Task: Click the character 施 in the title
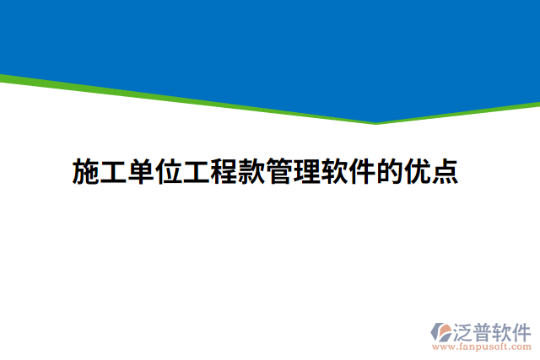coord(87,171)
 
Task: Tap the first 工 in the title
coord(115,171)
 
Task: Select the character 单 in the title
coord(143,171)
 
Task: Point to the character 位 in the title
coord(170,171)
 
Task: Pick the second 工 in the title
coord(198,171)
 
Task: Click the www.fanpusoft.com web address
coord(482,347)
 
